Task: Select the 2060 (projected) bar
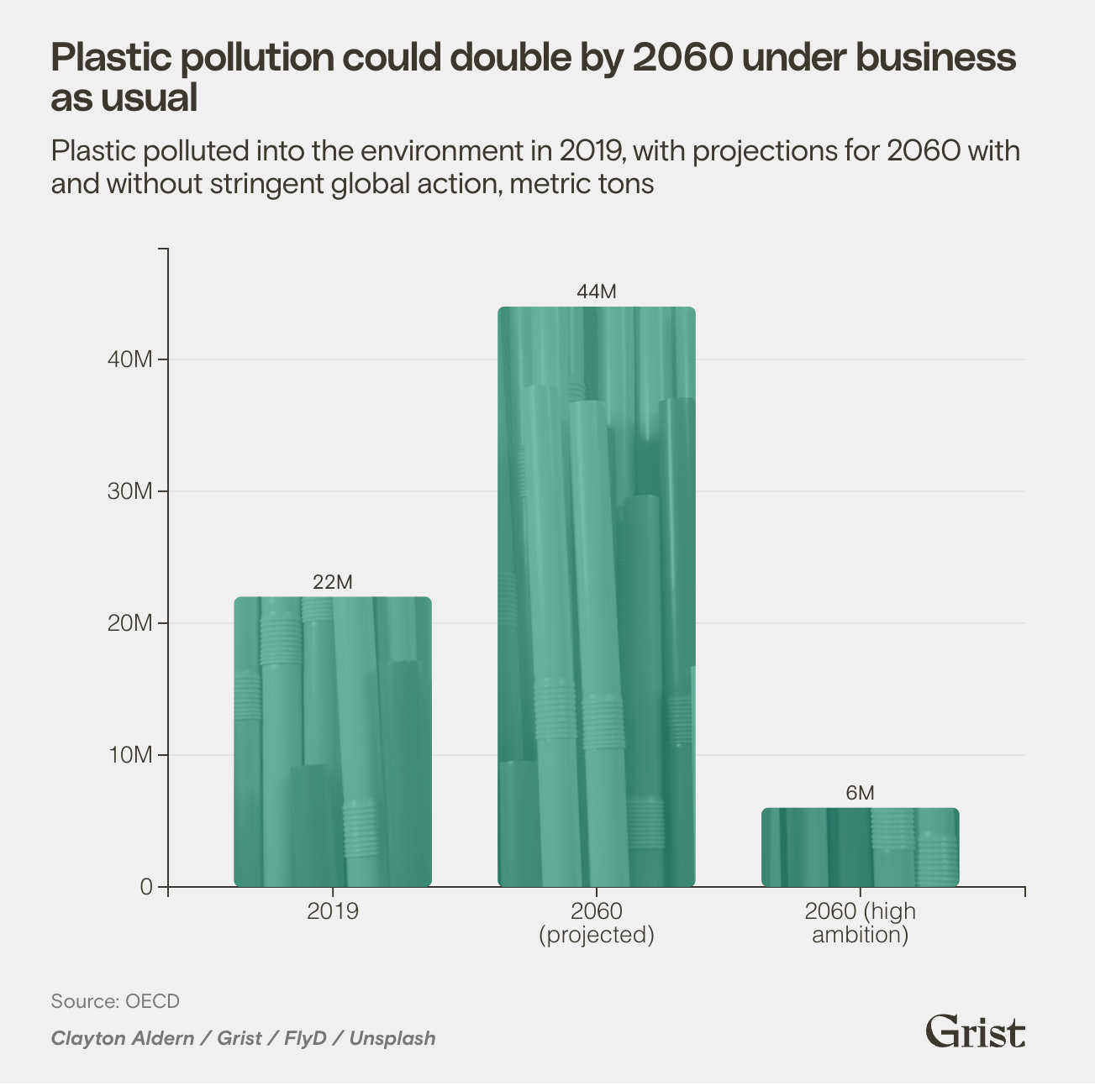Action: [596, 596]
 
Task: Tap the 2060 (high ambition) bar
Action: [860, 847]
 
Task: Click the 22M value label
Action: [332, 582]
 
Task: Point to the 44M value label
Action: [596, 291]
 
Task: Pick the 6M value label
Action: [860, 793]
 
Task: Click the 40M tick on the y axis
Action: [130, 359]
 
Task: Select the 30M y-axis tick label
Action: [130, 491]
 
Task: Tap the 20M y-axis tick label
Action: [130, 623]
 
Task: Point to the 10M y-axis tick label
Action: [130, 755]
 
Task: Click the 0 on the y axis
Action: [147, 887]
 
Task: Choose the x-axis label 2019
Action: [332, 911]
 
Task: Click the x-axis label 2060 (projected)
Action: [596, 923]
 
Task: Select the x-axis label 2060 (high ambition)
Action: [860, 923]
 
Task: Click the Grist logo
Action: [975, 1031]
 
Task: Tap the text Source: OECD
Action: [115, 1001]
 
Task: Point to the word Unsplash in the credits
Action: [392, 1038]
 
